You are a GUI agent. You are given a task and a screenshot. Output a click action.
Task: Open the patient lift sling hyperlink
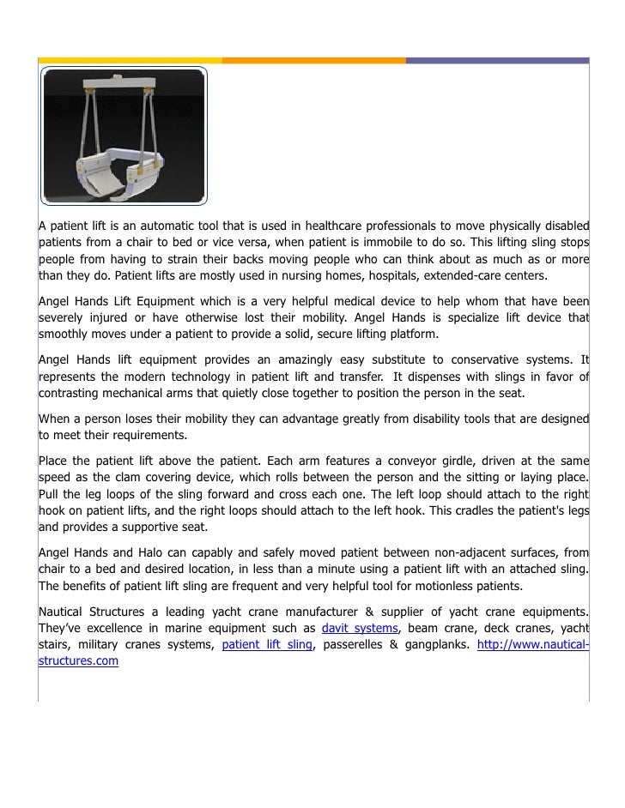[x=267, y=646]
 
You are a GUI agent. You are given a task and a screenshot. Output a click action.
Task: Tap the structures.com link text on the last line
[x=78, y=662]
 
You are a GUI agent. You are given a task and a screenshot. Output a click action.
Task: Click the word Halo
[x=152, y=552]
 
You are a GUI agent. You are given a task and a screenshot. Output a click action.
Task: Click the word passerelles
[x=350, y=646]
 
